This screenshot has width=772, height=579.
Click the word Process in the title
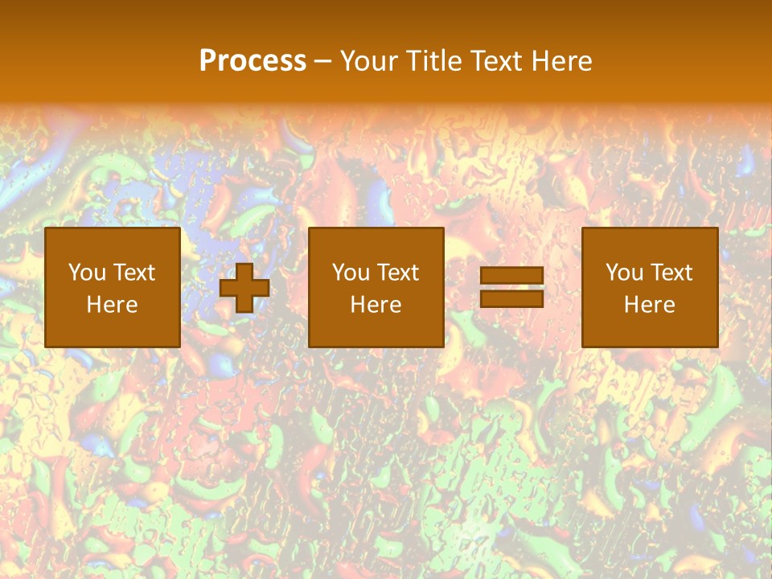pyautogui.click(x=253, y=61)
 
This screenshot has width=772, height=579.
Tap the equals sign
pyautogui.click(x=511, y=287)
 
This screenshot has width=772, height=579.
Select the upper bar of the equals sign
pyautogui.click(x=511, y=276)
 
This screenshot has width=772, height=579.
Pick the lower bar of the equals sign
pyautogui.click(x=511, y=298)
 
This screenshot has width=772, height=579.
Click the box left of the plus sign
pyautogui.click(x=112, y=287)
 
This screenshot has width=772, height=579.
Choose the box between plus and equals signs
pyautogui.click(x=376, y=287)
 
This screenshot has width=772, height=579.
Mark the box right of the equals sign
pyautogui.click(x=649, y=287)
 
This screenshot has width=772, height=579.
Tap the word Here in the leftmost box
pyautogui.click(x=112, y=305)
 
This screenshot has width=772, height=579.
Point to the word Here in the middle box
pyautogui.click(x=376, y=305)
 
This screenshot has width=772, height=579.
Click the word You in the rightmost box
pyautogui.click(x=624, y=273)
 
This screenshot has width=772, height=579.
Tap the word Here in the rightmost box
pyautogui.click(x=649, y=305)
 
